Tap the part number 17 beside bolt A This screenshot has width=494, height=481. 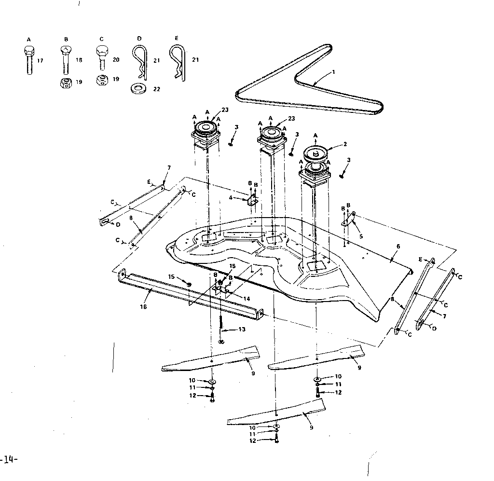coord(40,60)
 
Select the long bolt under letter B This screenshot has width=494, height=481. coord(66,60)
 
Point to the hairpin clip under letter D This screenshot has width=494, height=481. coord(139,61)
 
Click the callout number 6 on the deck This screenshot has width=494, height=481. coord(398,246)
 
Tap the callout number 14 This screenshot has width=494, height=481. coord(247,299)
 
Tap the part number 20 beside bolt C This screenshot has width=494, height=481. coord(116,60)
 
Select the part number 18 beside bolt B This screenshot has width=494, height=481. coord(79,60)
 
